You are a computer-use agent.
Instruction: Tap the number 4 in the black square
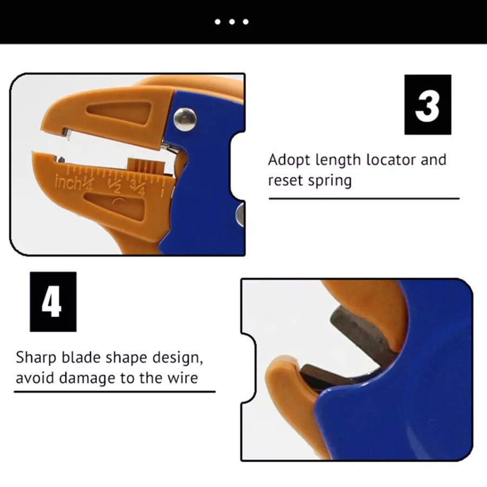coord(52,302)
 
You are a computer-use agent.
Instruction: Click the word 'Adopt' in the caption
coord(289,160)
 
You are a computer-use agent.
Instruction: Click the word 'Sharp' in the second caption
coord(36,358)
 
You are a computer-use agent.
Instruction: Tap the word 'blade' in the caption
coord(81,357)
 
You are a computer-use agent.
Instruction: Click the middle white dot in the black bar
coord(232,22)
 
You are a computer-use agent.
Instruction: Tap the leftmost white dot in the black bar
coord(218,22)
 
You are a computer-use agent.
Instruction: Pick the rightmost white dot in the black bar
coord(246,22)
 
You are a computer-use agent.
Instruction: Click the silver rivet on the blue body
coord(185,120)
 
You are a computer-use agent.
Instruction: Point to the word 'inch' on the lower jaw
coord(68,183)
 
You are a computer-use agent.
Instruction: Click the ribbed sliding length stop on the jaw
coord(146,165)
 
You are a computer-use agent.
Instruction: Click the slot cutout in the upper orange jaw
coord(119,113)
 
